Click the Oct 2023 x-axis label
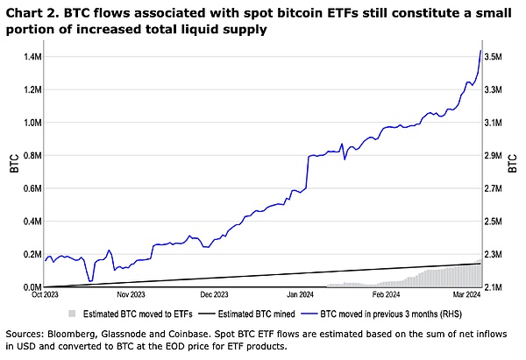coord(46,295)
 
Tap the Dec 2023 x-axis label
coord(214,295)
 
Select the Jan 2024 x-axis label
coord(301,295)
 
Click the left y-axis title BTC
coord(13,164)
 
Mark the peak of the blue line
coord(480,50)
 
